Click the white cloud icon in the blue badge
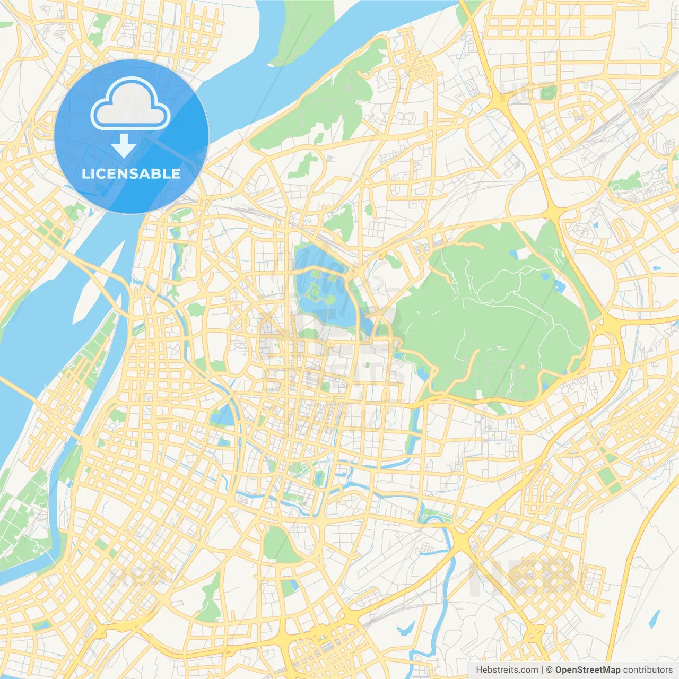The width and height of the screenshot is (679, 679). (x=130, y=104)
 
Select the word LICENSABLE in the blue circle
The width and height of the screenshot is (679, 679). (x=131, y=174)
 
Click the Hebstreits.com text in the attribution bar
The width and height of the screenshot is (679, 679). (x=507, y=670)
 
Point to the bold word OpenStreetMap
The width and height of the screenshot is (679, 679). (x=587, y=670)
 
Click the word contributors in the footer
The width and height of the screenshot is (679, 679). (x=648, y=670)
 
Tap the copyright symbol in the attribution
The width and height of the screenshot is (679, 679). (x=549, y=670)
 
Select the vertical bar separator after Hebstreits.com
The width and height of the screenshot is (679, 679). (x=542, y=670)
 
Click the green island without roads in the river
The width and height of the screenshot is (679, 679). (x=302, y=32)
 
